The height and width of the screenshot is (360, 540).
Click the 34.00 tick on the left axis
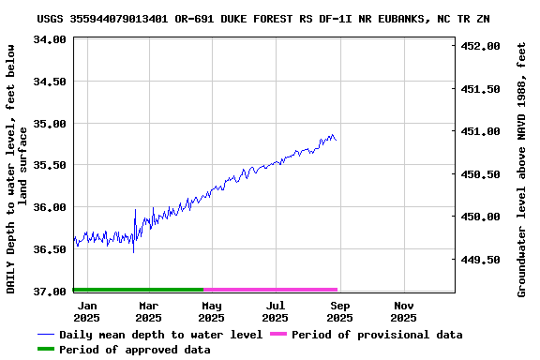[x=49, y=39]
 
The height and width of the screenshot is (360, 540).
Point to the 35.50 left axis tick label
[x=49, y=165]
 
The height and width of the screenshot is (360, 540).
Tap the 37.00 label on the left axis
[x=49, y=292]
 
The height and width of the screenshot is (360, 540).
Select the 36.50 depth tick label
[x=49, y=249]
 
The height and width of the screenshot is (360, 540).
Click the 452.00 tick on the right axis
[x=482, y=46]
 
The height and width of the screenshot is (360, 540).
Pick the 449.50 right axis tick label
[x=482, y=260]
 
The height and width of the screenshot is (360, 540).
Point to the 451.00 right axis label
[x=482, y=131]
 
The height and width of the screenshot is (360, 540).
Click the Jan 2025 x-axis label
[x=87, y=311]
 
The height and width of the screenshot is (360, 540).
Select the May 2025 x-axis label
[x=212, y=311]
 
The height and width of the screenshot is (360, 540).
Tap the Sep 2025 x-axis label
[x=340, y=311]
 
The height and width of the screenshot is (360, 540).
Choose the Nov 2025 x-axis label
[x=404, y=311]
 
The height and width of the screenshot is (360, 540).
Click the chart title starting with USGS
[x=263, y=19]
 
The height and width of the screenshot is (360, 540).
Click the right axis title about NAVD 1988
[x=522, y=169]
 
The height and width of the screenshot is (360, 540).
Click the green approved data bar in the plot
[x=138, y=290]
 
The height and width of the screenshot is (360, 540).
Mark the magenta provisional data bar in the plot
[x=270, y=290]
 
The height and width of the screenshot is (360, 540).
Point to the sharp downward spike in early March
[x=133, y=250]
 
